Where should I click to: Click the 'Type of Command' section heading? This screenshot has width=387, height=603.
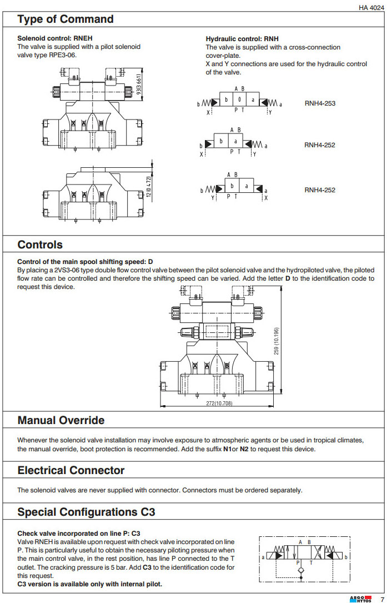click(66, 19)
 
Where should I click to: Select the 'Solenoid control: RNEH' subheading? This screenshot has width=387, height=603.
click(55, 38)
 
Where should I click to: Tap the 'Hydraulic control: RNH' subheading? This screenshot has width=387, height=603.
click(242, 39)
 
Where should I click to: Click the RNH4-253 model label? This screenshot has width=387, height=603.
click(320, 103)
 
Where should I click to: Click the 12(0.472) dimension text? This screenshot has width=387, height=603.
click(149, 183)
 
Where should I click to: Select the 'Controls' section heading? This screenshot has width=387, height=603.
click(40, 245)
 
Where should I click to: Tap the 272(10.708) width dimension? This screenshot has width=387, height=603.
click(219, 403)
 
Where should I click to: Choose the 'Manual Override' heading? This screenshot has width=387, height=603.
click(61, 420)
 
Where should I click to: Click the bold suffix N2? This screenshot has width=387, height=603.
click(244, 449)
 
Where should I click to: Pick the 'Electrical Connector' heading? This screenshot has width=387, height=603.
click(71, 470)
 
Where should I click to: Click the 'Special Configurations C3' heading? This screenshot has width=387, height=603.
click(87, 512)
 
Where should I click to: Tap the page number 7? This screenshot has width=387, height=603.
click(382, 598)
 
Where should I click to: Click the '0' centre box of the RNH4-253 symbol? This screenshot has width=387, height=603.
click(240, 100)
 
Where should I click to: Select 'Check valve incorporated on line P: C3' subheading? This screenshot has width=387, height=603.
click(79, 533)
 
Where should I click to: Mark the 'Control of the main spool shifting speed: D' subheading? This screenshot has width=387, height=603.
click(85, 261)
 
